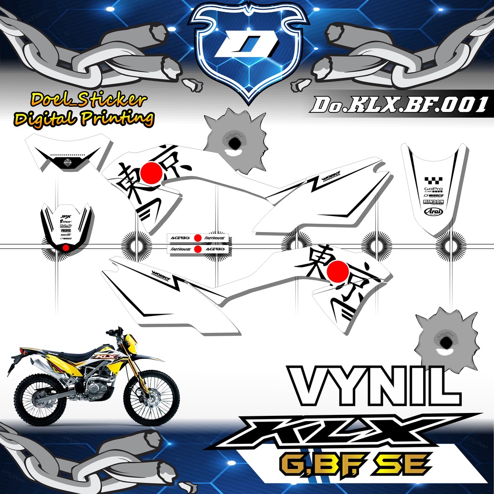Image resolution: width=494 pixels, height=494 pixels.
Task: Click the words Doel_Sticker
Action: pos(89,100)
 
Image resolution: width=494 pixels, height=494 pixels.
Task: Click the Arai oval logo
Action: pos(433,211)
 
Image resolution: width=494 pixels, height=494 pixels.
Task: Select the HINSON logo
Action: pos(433,202)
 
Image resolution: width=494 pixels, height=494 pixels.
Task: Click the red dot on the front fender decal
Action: pos(65,248)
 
